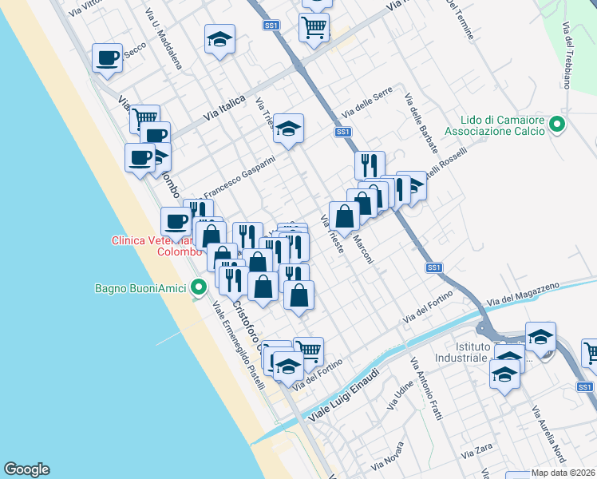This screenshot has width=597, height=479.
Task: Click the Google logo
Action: point(26,469)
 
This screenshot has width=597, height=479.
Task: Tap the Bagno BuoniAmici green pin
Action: point(198,288)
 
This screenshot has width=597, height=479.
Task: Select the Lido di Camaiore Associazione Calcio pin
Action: point(558,125)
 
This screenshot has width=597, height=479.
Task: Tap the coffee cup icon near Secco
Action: point(107,57)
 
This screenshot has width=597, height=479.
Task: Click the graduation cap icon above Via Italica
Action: point(219,39)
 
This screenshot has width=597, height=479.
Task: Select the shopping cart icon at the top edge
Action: point(314,26)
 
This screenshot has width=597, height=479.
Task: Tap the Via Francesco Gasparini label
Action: point(239,178)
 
